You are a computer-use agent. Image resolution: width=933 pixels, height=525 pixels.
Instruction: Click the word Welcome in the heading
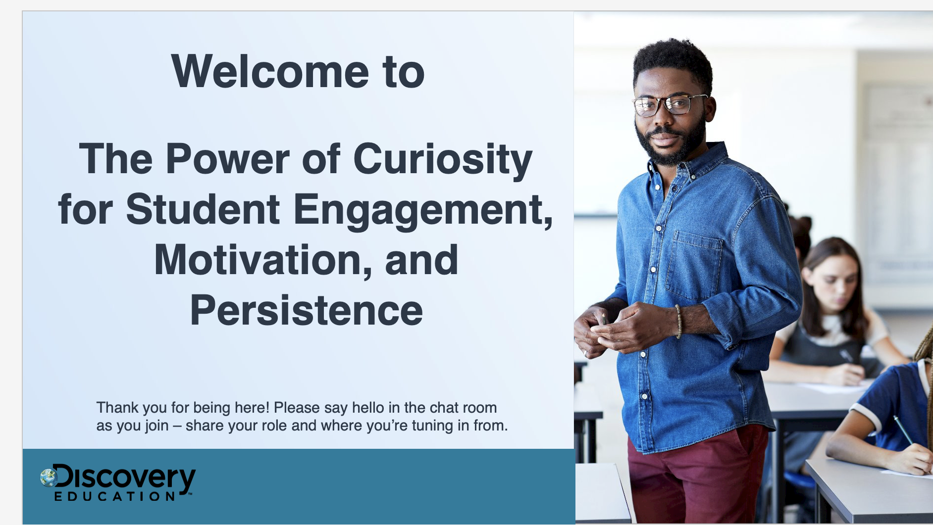pos(270,72)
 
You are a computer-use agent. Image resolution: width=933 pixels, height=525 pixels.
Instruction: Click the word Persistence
pos(307,311)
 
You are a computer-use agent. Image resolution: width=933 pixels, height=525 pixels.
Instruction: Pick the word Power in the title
pos(228,159)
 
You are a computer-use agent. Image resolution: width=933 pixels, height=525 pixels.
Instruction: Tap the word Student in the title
pos(203,209)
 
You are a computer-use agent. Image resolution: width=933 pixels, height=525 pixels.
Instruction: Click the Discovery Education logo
pos(118,482)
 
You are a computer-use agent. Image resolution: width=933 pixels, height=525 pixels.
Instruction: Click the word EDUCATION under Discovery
pos(115,496)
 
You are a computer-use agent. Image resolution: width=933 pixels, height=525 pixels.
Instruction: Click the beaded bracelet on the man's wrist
pos(678,322)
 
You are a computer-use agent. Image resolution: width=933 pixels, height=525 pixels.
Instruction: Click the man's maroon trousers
pos(696,477)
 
